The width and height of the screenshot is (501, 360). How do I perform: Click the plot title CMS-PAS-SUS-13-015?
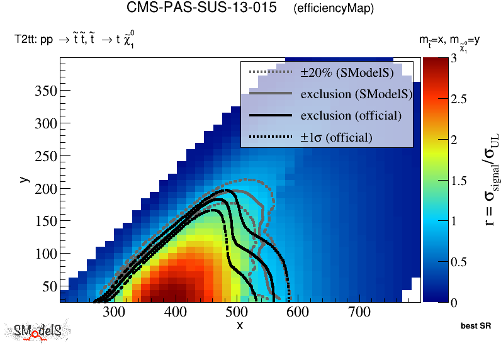point(201,8)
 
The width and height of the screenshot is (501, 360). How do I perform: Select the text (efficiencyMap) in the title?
point(334,9)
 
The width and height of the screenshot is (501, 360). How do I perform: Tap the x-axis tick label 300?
point(114,312)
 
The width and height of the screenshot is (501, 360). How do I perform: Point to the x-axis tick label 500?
point(237,312)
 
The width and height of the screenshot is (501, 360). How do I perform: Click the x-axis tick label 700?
point(359,312)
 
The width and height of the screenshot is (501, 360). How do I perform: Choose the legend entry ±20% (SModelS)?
point(347,73)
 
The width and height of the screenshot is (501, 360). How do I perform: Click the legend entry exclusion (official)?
point(351,116)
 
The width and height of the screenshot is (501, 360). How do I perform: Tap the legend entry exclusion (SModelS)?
point(356,94)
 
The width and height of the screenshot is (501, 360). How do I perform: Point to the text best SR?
point(475,327)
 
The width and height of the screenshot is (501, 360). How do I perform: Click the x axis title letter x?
point(240,325)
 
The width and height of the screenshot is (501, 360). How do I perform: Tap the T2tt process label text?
point(75,40)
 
